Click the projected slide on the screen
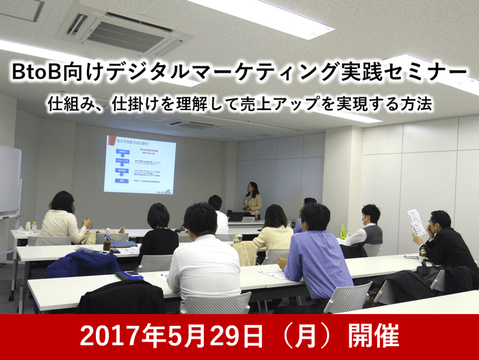tap(140, 164)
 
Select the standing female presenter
tap(252, 198)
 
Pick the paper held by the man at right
tap(416, 223)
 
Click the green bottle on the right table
tap(343, 232)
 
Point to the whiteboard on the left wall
tap(9, 181)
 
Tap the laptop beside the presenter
tap(237, 216)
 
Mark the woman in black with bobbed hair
tap(159, 233)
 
